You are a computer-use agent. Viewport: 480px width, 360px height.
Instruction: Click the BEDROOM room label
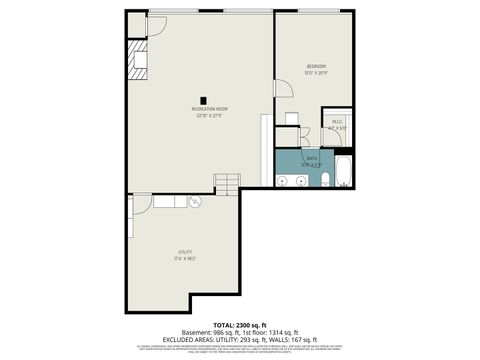317,66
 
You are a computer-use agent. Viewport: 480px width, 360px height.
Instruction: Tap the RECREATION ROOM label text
210,108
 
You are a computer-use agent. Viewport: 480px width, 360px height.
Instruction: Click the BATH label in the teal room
311,157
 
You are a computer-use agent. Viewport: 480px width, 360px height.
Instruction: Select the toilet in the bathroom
326,180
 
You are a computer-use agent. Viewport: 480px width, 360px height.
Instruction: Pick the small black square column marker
204,99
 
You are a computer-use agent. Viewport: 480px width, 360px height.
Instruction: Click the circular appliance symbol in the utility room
196,203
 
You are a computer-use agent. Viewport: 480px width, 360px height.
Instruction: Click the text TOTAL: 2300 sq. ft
240,325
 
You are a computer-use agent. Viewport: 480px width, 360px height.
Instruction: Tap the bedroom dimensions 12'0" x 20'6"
317,72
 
